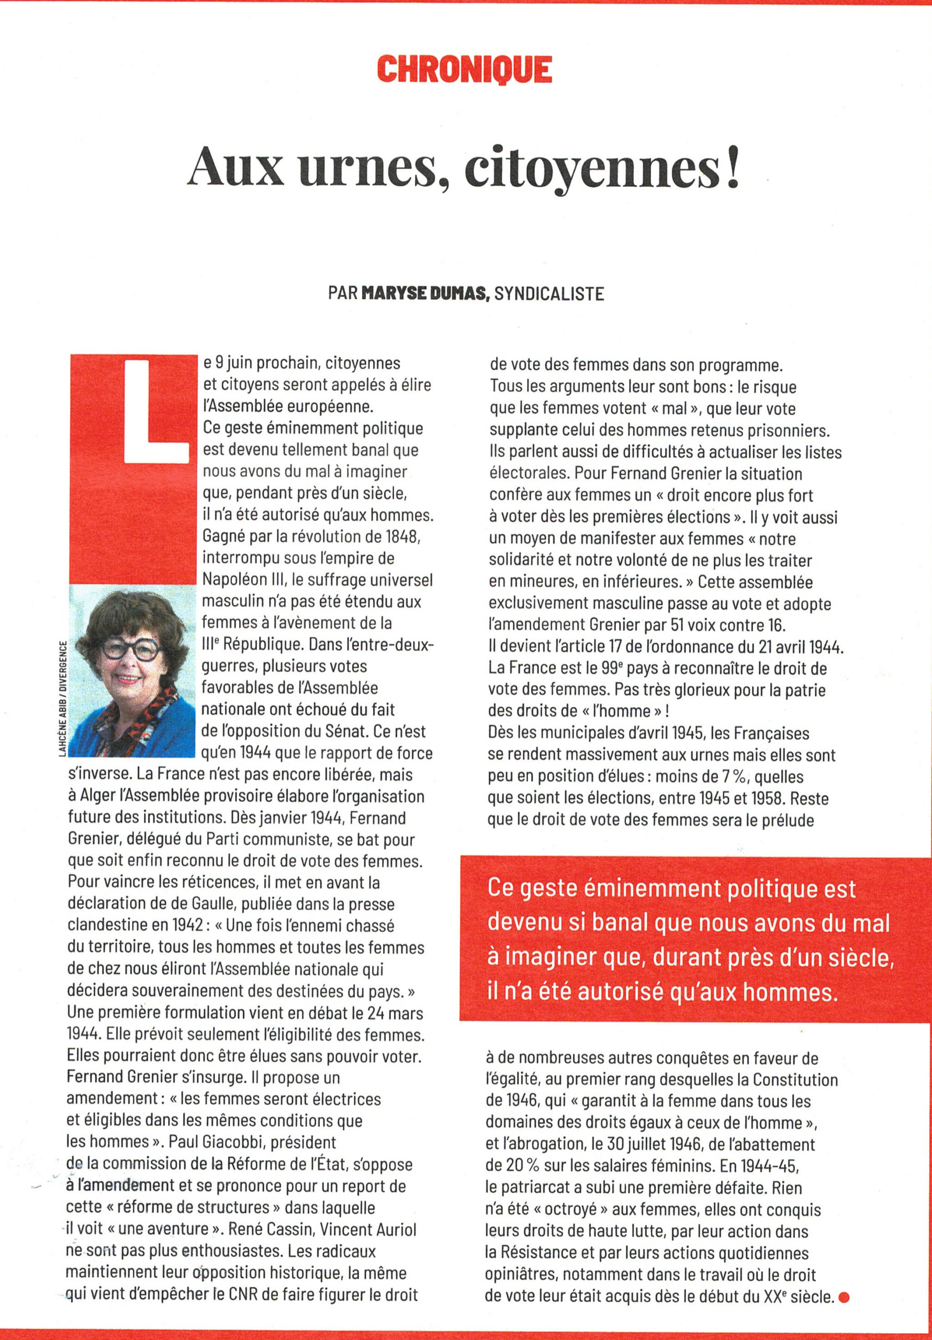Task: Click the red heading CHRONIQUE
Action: point(465,70)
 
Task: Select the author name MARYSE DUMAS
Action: point(425,293)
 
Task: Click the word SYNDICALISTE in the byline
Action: point(549,293)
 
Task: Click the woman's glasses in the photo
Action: point(131,649)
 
